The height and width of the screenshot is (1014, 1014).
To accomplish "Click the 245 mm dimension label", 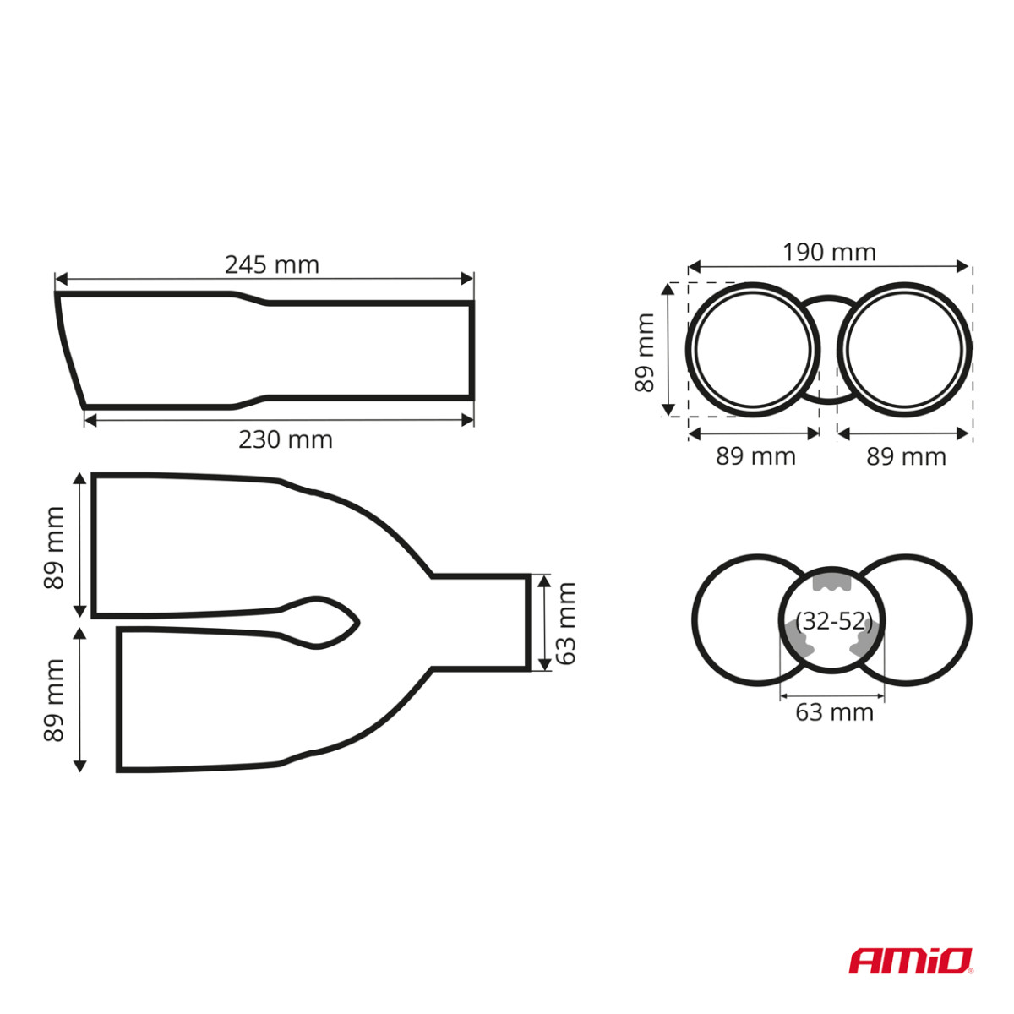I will [272, 264].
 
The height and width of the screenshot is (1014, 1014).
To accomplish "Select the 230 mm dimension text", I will [286, 439].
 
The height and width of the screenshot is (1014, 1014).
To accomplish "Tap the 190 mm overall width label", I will [829, 252].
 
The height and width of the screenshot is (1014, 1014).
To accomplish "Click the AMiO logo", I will [911, 961].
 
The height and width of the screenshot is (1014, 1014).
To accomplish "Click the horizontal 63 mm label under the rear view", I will [834, 712].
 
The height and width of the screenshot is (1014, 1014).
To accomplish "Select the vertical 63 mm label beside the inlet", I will [565, 623].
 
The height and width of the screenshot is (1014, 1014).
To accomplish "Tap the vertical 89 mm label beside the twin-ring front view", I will [645, 352].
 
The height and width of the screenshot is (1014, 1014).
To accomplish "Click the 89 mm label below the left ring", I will [755, 456].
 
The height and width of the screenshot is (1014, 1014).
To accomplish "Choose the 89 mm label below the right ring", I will [906, 456].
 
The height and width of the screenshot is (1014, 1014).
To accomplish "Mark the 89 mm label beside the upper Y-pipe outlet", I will [54, 548].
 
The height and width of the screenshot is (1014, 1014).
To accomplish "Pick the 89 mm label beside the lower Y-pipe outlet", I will [54, 701].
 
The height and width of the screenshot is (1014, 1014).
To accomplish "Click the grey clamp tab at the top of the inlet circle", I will [830, 583].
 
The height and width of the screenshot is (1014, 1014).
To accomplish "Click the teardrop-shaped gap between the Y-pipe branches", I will [325, 623].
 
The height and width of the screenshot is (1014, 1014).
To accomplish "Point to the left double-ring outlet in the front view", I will [753, 349].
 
